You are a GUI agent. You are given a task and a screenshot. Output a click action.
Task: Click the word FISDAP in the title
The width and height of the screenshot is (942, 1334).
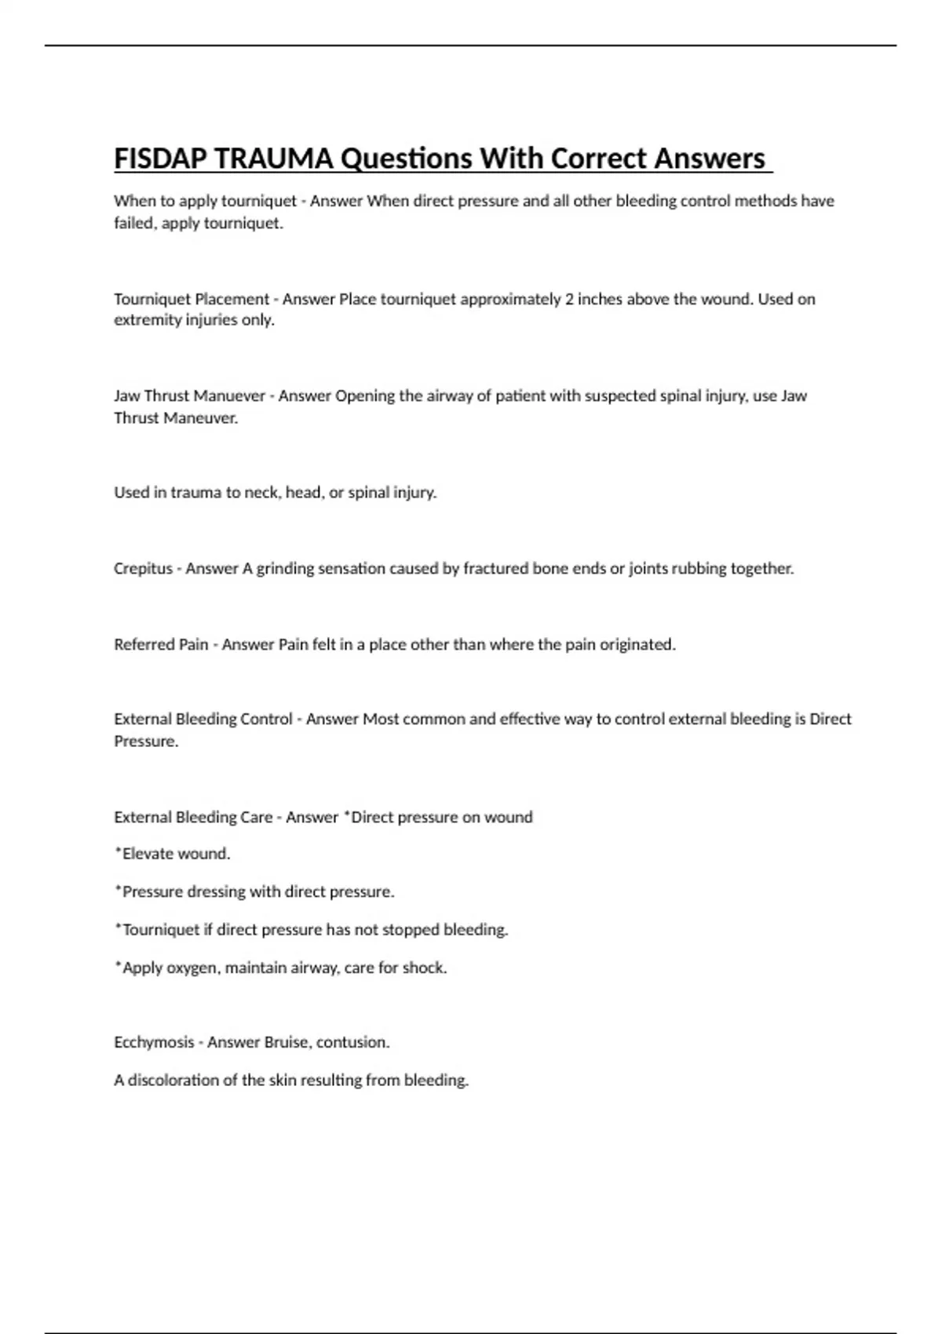[160, 159]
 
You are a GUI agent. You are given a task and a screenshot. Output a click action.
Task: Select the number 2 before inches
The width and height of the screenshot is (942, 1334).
[569, 299]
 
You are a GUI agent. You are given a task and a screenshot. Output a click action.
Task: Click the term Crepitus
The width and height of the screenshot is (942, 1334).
[143, 568]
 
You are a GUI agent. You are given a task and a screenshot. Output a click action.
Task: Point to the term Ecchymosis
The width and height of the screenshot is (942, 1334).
[154, 1042]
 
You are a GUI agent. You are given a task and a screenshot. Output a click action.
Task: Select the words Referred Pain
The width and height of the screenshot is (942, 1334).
[161, 644]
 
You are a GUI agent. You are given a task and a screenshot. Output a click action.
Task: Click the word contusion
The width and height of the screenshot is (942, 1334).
[352, 1042]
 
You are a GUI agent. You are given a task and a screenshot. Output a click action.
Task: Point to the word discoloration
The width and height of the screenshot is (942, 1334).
[173, 1080]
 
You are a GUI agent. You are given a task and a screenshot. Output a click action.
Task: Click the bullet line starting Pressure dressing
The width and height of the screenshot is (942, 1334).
[255, 891]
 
